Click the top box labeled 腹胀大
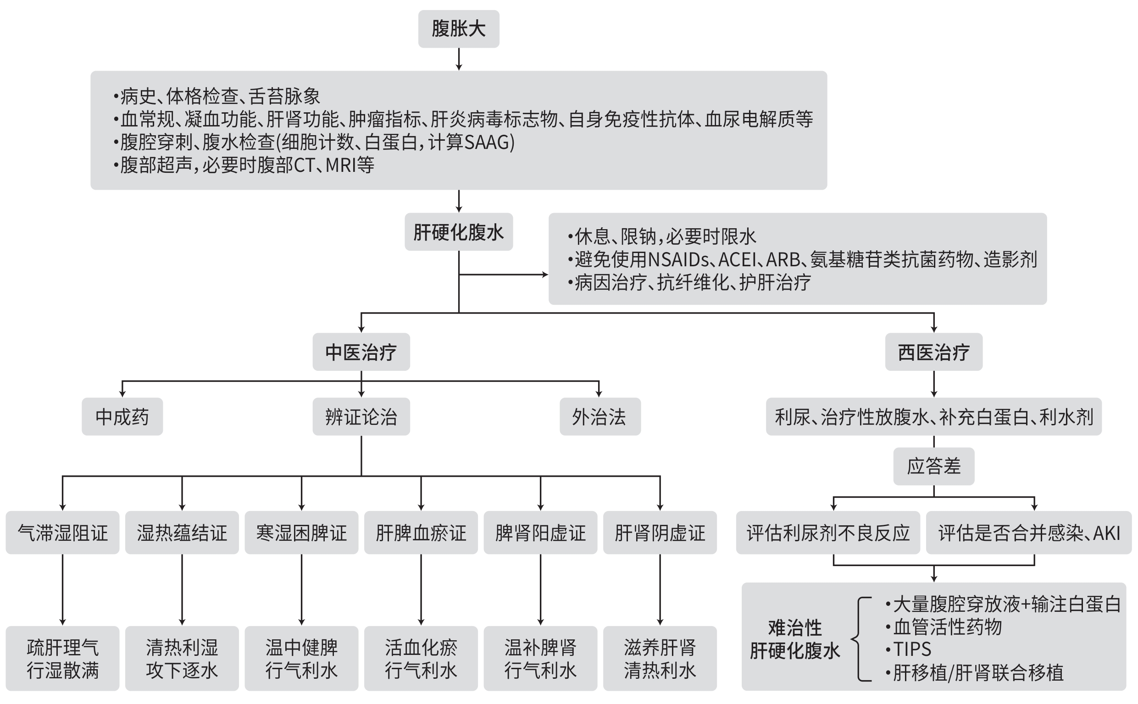tap(458, 29)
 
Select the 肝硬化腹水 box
tap(458, 232)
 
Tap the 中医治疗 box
tap(361, 352)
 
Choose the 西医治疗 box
tap(933, 352)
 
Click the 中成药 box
tap(122, 417)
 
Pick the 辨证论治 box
tap(361, 417)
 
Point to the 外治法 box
tap(600, 417)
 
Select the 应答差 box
tap(933, 466)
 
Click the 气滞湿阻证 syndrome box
tap(62, 533)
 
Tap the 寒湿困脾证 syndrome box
tap(301, 533)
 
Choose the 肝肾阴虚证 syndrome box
tap(660, 533)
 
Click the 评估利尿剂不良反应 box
tap(828, 533)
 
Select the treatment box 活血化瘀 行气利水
tap(421, 658)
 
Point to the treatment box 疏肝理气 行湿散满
tap(62, 658)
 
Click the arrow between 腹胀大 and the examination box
tap(459, 59)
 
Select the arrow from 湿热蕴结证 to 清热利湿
tap(182, 589)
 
